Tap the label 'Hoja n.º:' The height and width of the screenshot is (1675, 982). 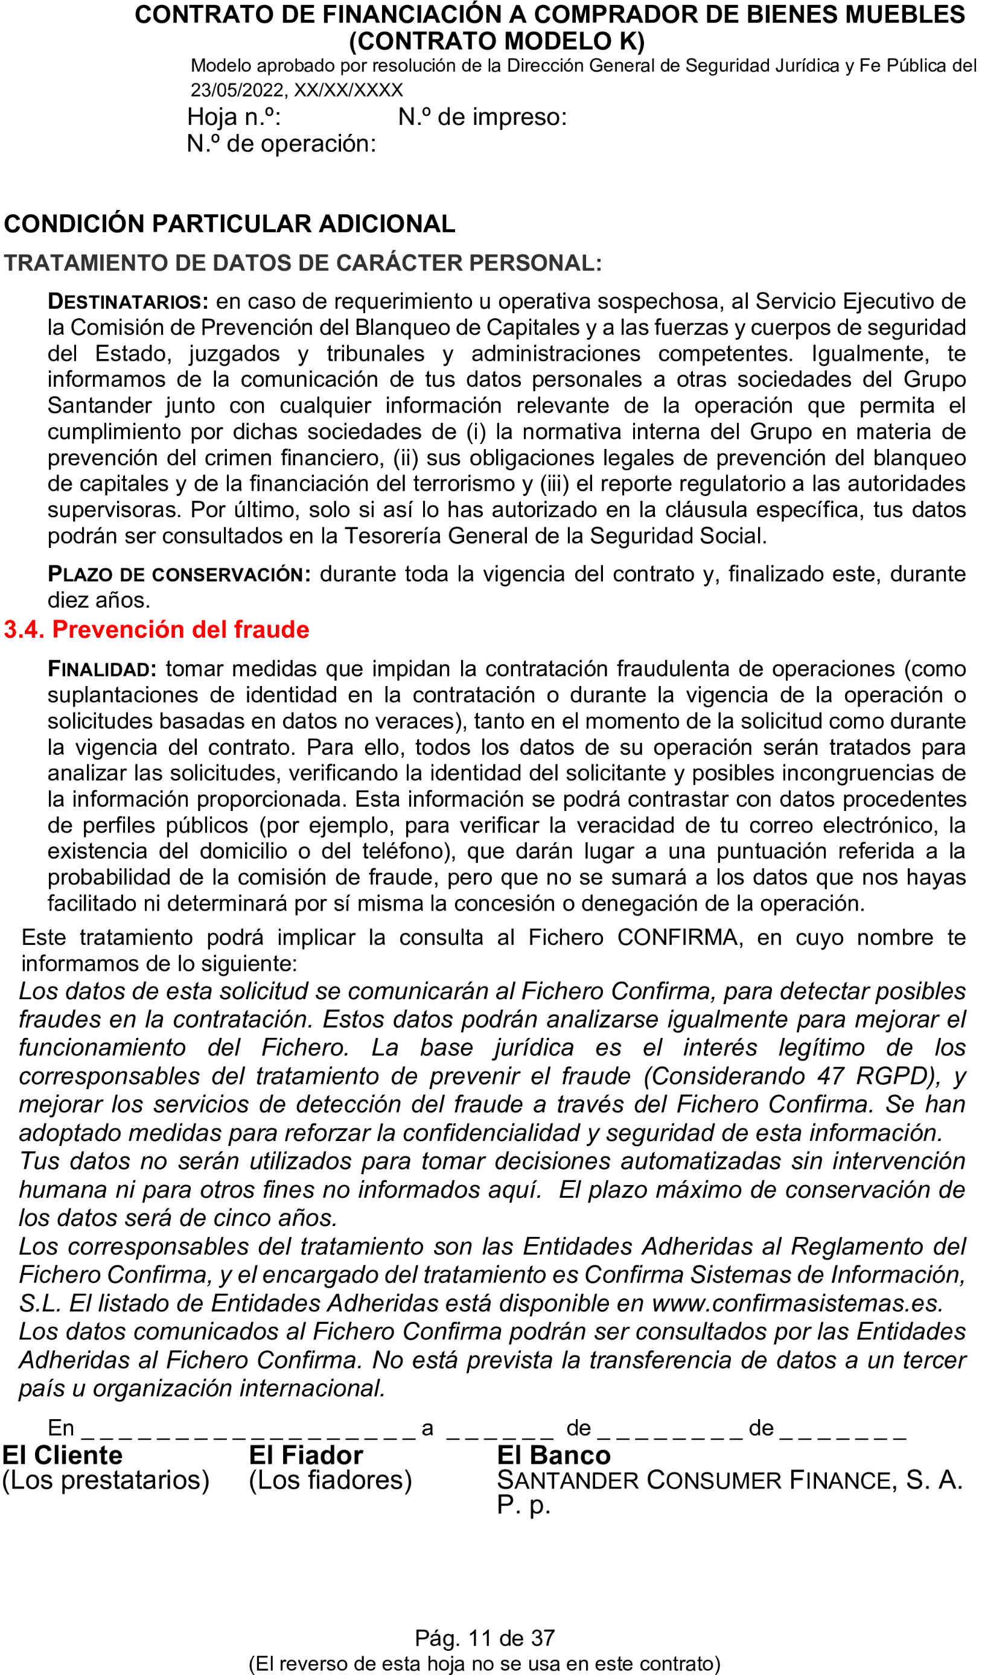pyautogui.click(x=234, y=117)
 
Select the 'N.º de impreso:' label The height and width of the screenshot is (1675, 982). pyautogui.click(x=482, y=117)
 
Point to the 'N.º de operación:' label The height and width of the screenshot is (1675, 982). pyautogui.click(x=281, y=144)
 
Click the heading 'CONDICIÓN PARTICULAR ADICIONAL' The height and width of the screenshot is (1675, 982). pyautogui.click(x=229, y=224)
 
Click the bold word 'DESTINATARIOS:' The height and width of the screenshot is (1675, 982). pyautogui.click(x=127, y=302)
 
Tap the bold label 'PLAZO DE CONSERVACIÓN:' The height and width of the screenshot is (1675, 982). pyautogui.click(x=179, y=574)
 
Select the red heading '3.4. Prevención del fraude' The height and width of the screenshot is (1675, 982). pyautogui.click(x=156, y=629)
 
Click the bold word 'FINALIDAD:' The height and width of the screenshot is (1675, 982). pyautogui.click(x=102, y=669)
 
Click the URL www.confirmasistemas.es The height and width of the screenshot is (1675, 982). pyautogui.click(x=797, y=1303)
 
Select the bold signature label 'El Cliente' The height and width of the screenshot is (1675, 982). pyautogui.click(x=63, y=1455)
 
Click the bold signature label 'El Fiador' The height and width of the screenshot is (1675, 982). pyautogui.click(x=306, y=1455)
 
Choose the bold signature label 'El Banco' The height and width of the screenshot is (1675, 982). pyautogui.click(x=553, y=1455)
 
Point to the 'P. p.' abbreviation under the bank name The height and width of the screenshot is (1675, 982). pyautogui.click(x=523, y=1504)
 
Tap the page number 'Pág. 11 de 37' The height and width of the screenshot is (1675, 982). pyautogui.click(x=485, y=1638)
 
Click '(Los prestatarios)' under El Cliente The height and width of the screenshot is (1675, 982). pyautogui.click(x=106, y=1480)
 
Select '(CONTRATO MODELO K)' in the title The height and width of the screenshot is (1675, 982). pyautogui.click(x=497, y=41)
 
